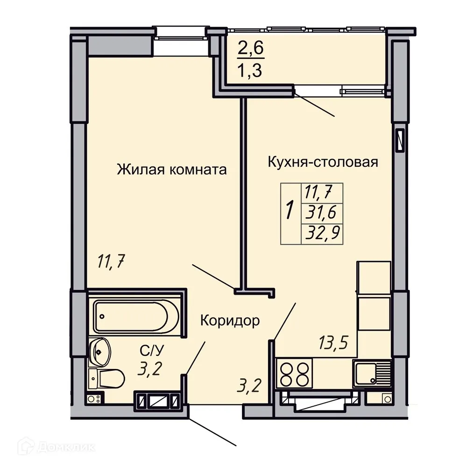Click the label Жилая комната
[x=171, y=170]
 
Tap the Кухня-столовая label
[x=323, y=163]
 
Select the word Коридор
[x=230, y=321]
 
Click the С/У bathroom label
[x=152, y=351]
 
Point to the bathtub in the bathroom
[x=136, y=316]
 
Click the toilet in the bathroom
[x=106, y=378]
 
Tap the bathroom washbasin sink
[x=100, y=352]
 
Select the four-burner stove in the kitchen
[x=294, y=374]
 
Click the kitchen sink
[x=371, y=373]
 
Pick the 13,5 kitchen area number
[x=333, y=342]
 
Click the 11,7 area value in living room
[x=111, y=262]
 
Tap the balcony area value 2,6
[x=251, y=48]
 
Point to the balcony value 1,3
[x=249, y=71]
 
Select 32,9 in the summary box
[x=323, y=233]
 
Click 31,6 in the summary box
[x=321, y=212]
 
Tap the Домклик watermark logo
[x=57, y=447]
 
